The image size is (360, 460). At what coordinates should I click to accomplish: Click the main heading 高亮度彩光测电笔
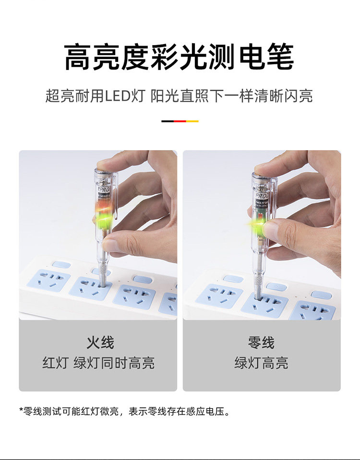click(179, 57)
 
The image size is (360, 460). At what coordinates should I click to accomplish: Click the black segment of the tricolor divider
click(168, 121)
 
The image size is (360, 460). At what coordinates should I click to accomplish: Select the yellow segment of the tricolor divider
click(192, 121)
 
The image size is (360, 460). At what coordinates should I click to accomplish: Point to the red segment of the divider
click(180, 121)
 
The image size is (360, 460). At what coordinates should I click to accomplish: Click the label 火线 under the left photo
click(100, 342)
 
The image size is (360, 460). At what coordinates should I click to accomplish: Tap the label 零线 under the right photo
click(261, 342)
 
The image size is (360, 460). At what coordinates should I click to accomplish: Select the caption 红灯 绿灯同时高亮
click(98, 363)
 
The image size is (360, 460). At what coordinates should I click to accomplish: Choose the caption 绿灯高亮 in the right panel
click(261, 363)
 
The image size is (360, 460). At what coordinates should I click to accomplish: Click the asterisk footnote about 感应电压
click(124, 411)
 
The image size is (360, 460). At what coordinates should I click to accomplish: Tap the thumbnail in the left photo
click(110, 245)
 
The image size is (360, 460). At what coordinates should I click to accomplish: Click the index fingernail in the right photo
click(271, 229)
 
